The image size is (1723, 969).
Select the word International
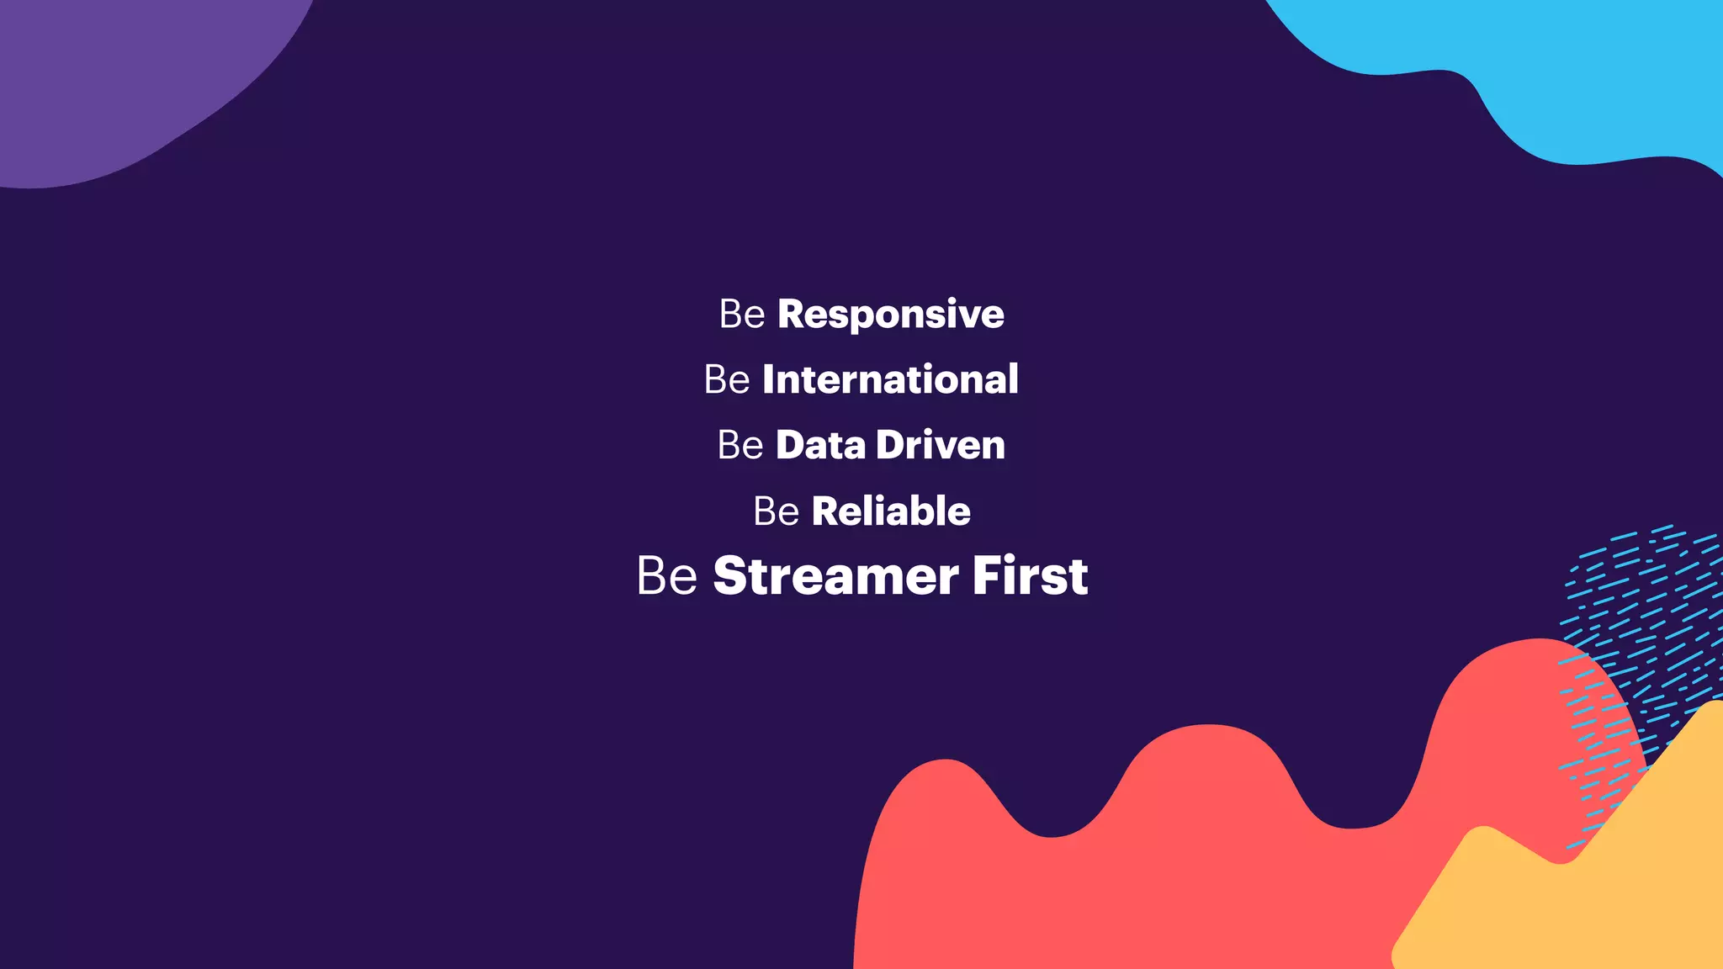click(890, 379)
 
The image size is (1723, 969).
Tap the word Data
click(819, 445)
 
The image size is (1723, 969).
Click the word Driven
click(940, 445)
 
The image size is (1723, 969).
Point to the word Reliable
click(890, 511)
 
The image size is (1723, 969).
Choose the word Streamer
click(835, 576)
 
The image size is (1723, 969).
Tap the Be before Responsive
click(741, 315)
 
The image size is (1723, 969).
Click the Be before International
click(726, 379)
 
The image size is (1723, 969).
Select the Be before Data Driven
click(740, 445)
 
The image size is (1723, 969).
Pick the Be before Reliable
click(776, 511)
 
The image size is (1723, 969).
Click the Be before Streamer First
click(666, 576)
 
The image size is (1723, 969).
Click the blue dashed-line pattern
click(1641, 606)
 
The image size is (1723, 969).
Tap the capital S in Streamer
click(731, 576)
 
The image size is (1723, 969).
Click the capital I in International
click(768, 379)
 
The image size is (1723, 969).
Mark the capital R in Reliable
click(825, 511)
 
